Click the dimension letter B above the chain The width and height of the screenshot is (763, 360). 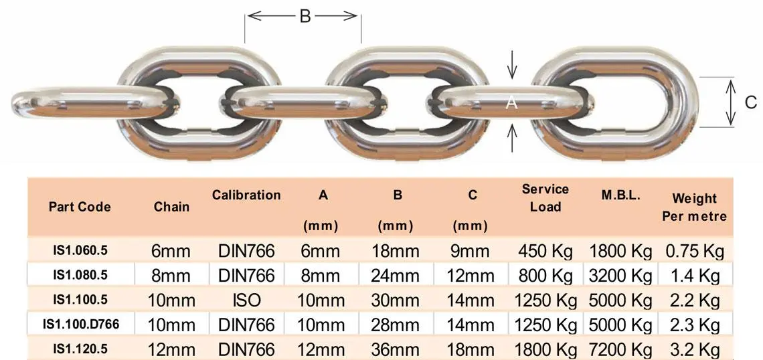click(305, 17)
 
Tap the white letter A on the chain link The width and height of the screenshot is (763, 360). click(512, 102)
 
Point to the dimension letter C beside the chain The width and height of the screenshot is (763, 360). click(750, 102)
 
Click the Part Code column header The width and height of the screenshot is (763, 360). click(80, 206)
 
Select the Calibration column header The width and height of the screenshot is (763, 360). click(246, 195)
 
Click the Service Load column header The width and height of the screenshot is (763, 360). click(545, 198)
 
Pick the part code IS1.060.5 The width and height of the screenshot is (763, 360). click(80, 250)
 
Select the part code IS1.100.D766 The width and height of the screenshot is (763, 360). click(81, 325)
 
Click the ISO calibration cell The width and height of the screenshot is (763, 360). click(246, 299)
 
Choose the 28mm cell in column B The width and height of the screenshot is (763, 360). click(398, 325)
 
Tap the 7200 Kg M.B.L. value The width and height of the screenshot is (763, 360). click(620, 349)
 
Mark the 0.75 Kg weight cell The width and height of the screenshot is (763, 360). click(695, 251)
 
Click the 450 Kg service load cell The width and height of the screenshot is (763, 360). click(545, 251)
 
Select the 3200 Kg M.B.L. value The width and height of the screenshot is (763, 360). click(620, 275)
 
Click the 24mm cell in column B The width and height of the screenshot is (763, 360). click(398, 275)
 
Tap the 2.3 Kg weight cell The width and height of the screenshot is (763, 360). click(695, 325)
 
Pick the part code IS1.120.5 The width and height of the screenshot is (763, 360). click(80, 349)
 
